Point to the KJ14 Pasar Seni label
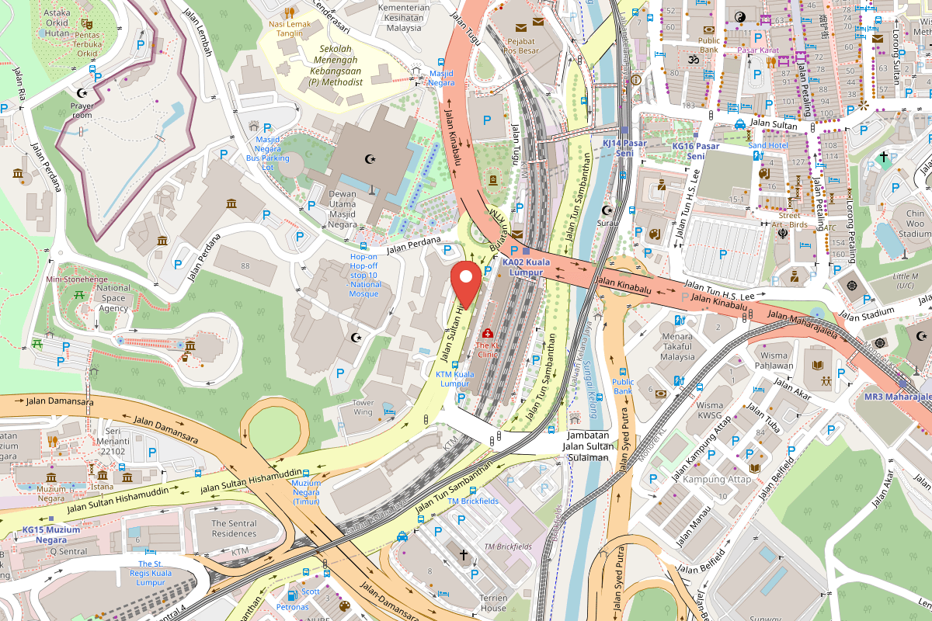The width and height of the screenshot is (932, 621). (x=619, y=148)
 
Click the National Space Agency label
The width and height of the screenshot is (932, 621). (x=113, y=298)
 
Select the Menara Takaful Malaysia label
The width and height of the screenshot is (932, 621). (x=677, y=347)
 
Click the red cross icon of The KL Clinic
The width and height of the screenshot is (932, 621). (x=487, y=333)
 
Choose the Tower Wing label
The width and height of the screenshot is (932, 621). (x=363, y=408)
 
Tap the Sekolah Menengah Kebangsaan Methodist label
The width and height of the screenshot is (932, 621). (x=335, y=65)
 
